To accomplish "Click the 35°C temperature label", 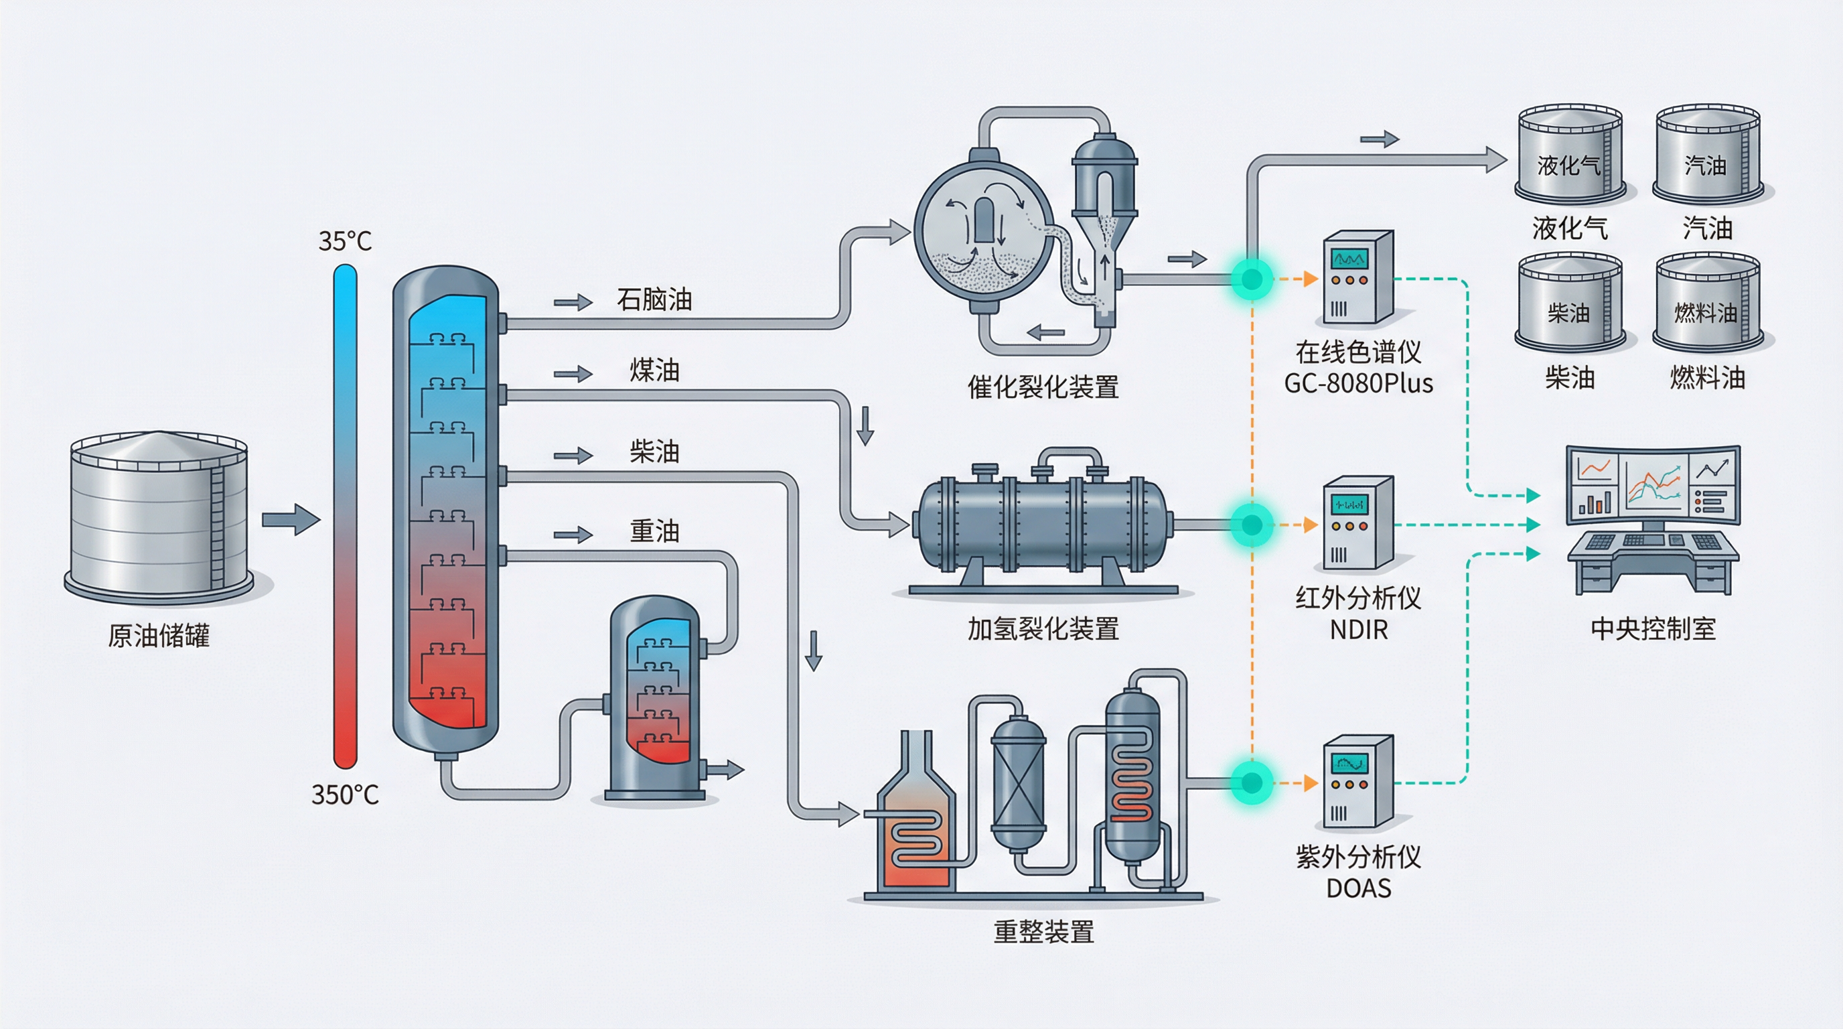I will tap(345, 241).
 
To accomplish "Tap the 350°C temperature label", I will tap(345, 795).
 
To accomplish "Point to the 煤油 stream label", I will tap(654, 370).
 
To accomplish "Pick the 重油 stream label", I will tap(654, 531).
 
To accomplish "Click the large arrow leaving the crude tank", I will tap(291, 519).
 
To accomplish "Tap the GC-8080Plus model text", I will tap(1358, 385).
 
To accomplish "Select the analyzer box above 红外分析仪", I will tap(1357, 523).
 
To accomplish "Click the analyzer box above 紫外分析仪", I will tap(1357, 781).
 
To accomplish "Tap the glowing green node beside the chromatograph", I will tap(1251, 279).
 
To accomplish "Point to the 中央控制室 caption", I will tap(1653, 629).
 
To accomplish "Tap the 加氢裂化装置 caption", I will tap(1043, 629).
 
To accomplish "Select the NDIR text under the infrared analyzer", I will tap(1358, 630).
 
